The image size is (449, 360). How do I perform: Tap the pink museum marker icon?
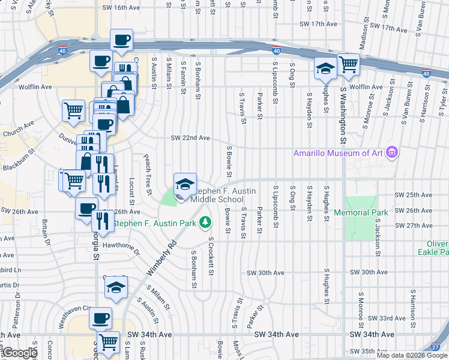point(393,152)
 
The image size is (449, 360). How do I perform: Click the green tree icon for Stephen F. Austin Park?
point(205,223)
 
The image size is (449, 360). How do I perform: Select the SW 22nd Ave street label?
point(190,138)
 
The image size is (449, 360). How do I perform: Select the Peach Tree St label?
point(146,175)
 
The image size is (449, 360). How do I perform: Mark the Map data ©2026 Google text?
point(411,355)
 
